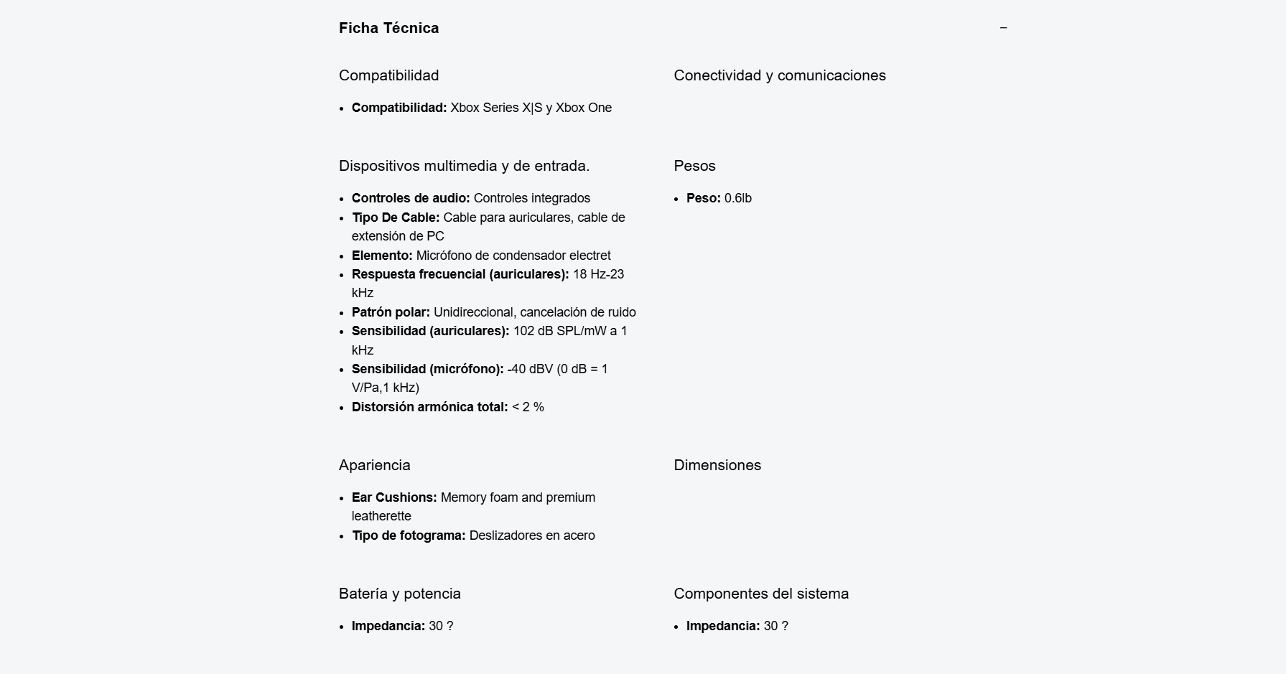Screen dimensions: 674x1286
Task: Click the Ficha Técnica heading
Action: point(388,28)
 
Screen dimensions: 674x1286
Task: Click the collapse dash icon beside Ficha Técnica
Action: point(1003,28)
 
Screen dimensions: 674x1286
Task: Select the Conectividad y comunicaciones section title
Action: point(779,75)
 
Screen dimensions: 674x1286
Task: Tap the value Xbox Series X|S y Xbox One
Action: point(531,108)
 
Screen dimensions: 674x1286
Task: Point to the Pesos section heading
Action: point(694,166)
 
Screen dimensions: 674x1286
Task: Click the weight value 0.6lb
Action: point(738,198)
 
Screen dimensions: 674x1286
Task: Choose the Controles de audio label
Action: point(411,198)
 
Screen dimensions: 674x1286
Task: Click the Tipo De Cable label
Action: point(396,217)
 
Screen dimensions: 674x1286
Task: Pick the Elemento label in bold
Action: point(382,256)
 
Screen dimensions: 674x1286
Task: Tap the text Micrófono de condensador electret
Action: point(513,256)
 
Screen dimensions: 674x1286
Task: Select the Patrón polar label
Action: point(391,312)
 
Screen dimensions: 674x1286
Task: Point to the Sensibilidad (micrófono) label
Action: point(427,369)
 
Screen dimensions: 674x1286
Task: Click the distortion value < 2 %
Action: point(528,407)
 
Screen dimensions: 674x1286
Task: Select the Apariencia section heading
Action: point(374,465)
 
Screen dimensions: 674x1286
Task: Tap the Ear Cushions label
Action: point(394,497)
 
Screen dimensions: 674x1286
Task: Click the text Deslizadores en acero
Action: point(531,535)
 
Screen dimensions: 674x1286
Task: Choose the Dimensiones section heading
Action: point(717,465)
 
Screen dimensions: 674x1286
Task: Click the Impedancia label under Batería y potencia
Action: point(388,626)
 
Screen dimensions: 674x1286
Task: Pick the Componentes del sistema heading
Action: point(760,594)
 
